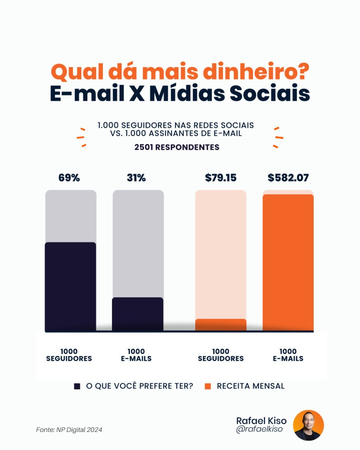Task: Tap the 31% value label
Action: tap(136, 178)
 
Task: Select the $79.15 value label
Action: tap(220, 178)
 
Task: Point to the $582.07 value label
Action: tap(288, 178)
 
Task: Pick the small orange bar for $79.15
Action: tap(220, 325)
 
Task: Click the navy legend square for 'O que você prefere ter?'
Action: tap(77, 386)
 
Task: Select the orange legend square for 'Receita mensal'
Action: tap(207, 386)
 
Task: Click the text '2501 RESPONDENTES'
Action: tap(177, 147)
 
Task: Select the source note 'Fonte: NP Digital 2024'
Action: tap(69, 430)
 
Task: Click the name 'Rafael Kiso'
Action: tap(261, 420)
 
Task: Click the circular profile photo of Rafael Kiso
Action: tap(308, 425)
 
